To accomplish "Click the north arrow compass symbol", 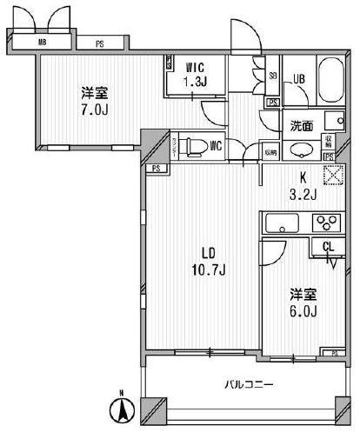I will pos(123,408).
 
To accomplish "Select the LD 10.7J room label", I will pos(210,261).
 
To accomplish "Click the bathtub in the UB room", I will pos(332,83).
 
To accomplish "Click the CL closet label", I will pos(328,248).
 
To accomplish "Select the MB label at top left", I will pos(41,41).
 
